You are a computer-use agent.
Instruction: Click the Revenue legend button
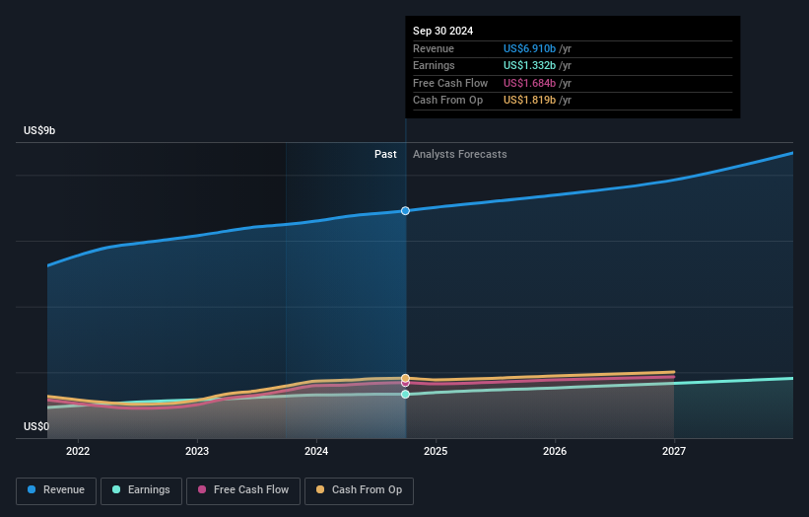(57, 489)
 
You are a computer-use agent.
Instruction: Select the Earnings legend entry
(142, 489)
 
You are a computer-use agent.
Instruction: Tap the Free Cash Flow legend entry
(243, 489)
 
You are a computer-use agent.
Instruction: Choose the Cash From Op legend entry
(359, 489)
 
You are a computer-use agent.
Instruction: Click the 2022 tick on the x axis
(78, 451)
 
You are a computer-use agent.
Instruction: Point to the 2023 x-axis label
(197, 451)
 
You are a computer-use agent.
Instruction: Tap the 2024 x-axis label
(316, 451)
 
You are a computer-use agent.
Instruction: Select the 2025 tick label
(436, 451)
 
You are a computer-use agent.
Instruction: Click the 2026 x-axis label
(555, 451)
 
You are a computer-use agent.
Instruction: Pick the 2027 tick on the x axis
(674, 451)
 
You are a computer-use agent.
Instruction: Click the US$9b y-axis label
(40, 131)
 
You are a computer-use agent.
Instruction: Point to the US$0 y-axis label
(36, 426)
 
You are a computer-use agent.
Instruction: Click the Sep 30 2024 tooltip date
(442, 31)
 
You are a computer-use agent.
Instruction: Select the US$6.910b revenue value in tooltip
(529, 48)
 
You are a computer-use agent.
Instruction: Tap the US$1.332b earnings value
(529, 65)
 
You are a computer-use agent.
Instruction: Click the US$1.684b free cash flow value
(529, 83)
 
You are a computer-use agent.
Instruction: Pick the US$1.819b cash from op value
(529, 100)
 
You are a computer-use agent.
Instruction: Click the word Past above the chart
(385, 154)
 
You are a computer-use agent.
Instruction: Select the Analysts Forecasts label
(460, 154)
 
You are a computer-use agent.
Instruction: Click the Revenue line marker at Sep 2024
(405, 210)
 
